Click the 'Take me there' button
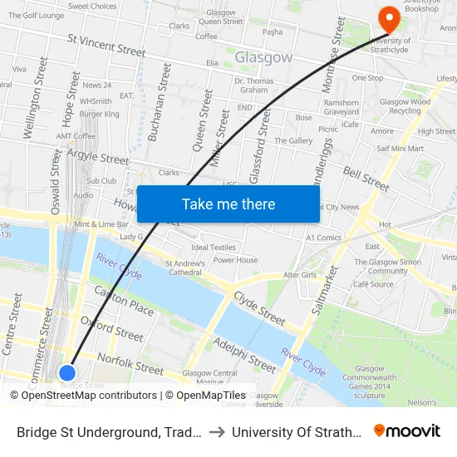point(228,204)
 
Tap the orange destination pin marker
point(386,17)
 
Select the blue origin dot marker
point(68,373)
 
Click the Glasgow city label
point(263,58)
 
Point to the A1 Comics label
point(324,238)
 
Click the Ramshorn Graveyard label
point(341,107)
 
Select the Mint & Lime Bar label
point(101,224)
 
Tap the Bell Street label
point(366,178)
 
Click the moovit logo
point(407,431)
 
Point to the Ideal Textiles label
point(214,248)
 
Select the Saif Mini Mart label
point(400,149)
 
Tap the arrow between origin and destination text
point(214,432)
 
